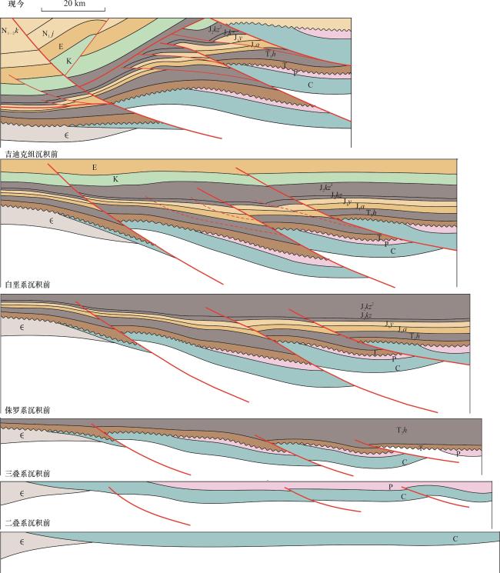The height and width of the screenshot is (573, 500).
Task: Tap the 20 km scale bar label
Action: (74, 4)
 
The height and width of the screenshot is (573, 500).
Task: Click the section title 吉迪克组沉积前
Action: (31, 154)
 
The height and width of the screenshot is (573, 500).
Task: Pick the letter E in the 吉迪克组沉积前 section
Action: (94, 167)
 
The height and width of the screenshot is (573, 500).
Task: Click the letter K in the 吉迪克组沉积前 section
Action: (115, 179)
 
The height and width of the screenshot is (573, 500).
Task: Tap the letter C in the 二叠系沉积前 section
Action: (455, 539)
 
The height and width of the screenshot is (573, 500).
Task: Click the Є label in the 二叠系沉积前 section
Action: (23, 542)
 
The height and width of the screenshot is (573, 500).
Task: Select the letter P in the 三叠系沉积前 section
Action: (391, 487)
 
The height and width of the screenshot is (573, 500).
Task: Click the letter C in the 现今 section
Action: (310, 85)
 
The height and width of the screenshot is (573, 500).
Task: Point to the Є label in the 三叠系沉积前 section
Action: (23, 492)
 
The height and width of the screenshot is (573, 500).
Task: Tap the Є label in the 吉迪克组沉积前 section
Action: (52, 221)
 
